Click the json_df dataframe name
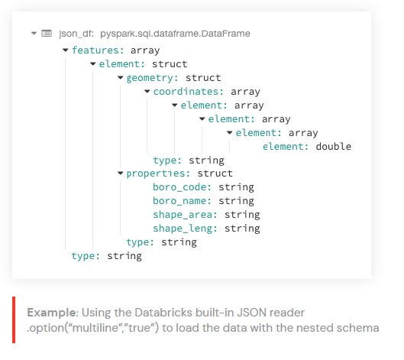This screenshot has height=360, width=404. (76, 34)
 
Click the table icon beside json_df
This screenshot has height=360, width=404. (47, 34)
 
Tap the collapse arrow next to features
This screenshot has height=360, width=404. (66, 50)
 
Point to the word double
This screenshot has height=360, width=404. (334, 147)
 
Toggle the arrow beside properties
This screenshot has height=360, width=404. (121, 174)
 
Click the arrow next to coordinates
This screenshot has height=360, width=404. (147, 91)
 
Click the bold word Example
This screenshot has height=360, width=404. (53, 313)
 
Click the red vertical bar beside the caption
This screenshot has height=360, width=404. (14, 319)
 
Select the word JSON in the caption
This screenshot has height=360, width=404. (252, 313)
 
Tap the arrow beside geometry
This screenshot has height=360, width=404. (121, 78)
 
